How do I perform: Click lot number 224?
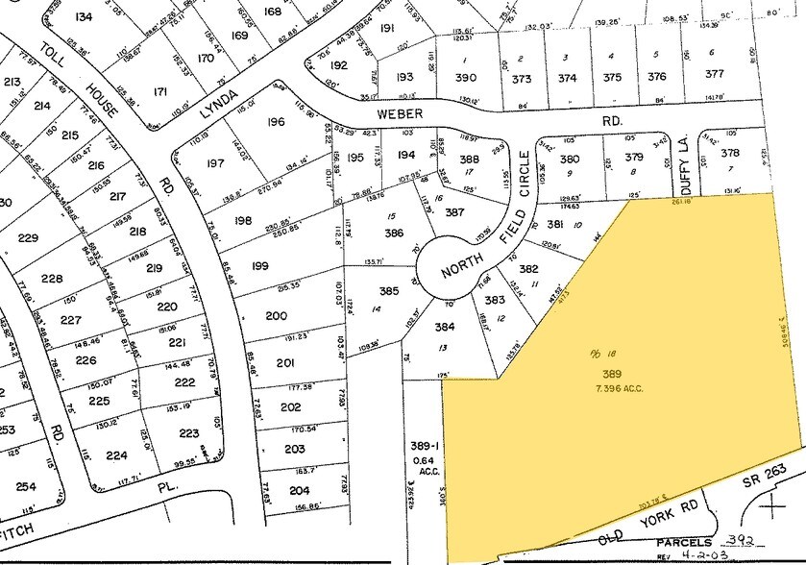117,455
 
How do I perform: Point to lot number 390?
465,77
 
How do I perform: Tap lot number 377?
713,73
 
